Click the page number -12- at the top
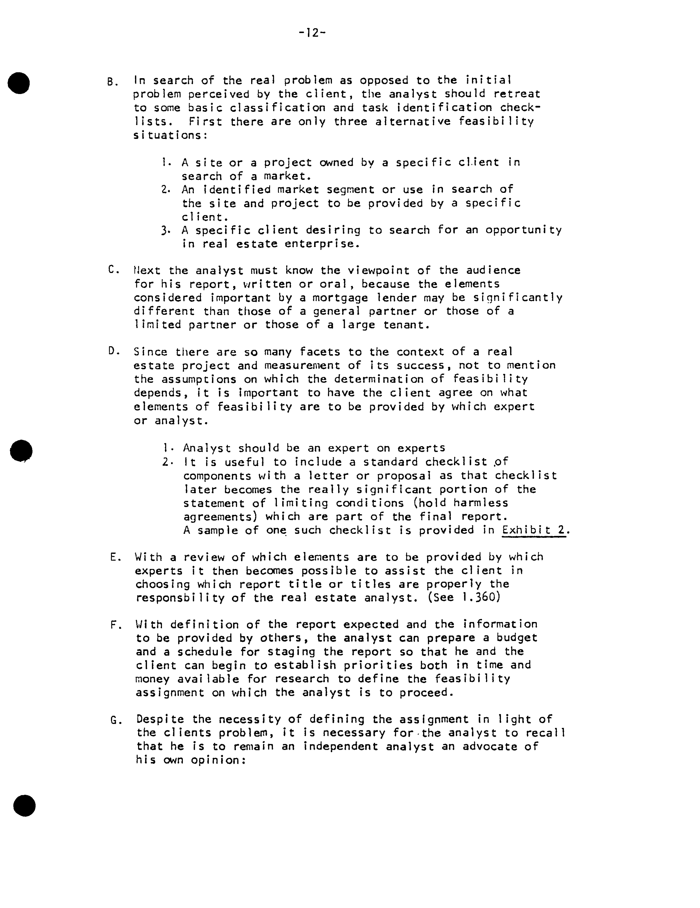[312, 32]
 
